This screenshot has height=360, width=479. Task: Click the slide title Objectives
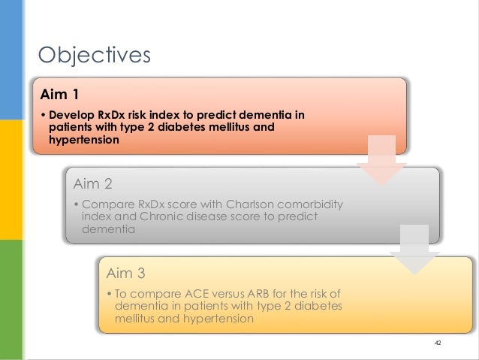(x=94, y=55)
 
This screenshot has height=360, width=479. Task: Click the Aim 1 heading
(x=59, y=94)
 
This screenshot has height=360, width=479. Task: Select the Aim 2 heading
(x=93, y=184)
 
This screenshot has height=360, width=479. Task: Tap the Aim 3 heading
(x=126, y=273)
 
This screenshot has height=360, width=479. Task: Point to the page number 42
(x=438, y=343)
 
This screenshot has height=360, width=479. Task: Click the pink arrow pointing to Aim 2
(x=381, y=160)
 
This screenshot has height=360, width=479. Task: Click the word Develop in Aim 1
(x=71, y=115)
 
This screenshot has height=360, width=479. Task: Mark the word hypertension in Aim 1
(x=84, y=140)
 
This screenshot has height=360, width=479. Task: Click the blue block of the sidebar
(x=11, y=59)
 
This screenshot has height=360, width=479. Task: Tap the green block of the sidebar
(x=11, y=300)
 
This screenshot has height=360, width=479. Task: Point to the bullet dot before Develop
(x=43, y=115)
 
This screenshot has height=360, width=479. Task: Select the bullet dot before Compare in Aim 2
(x=76, y=204)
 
